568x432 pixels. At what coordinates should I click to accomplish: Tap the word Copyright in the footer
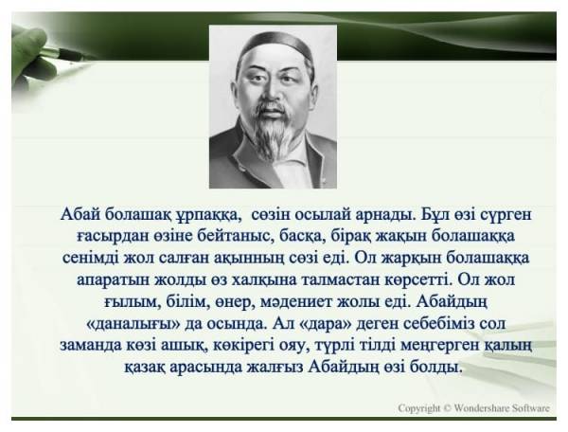[x=419, y=408]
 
